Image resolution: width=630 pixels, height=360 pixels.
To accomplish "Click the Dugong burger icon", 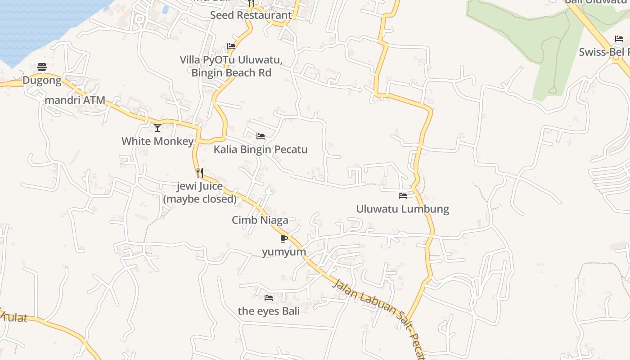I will click(x=42, y=67).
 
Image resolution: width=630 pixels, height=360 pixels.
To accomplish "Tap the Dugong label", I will click(x=42, y=81).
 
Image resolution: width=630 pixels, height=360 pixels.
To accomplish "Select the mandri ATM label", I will click(x=75, y=100).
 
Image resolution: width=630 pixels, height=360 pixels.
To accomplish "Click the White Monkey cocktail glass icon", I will click(x=157, y=128).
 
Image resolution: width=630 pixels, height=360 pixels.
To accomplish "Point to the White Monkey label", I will click(x=157, y=141).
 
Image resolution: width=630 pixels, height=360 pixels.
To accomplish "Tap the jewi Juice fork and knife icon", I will click(x=200, y=172).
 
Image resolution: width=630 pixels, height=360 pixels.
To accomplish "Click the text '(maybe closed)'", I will click(x=200, y=199).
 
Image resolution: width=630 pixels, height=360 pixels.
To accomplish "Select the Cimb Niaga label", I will click(x=260, y=220).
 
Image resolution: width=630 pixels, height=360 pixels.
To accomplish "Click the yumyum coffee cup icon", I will click(x=283, y=238).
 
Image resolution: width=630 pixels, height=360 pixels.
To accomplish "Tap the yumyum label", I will click(x=284, y=252).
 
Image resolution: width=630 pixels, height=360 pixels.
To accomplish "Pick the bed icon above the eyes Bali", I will click(x=269, y=297).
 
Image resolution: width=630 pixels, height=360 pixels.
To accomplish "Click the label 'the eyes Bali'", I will click(x=269, y=311).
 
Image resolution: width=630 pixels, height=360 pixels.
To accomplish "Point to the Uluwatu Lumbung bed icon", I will click(x=403, y=196).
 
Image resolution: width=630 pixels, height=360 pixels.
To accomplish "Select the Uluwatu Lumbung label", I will click(x=403, y=209).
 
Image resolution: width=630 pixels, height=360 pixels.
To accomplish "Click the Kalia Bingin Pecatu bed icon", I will click(x=261, y=136).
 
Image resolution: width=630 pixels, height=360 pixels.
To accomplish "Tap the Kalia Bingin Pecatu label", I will click(x=261, y=149).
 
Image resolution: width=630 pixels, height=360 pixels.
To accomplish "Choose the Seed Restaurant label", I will click(x=251, y=15).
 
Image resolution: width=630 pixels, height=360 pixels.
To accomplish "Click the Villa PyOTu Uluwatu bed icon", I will click(x=231, y=46).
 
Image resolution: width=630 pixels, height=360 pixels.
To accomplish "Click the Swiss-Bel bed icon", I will click(x=619, y=39).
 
